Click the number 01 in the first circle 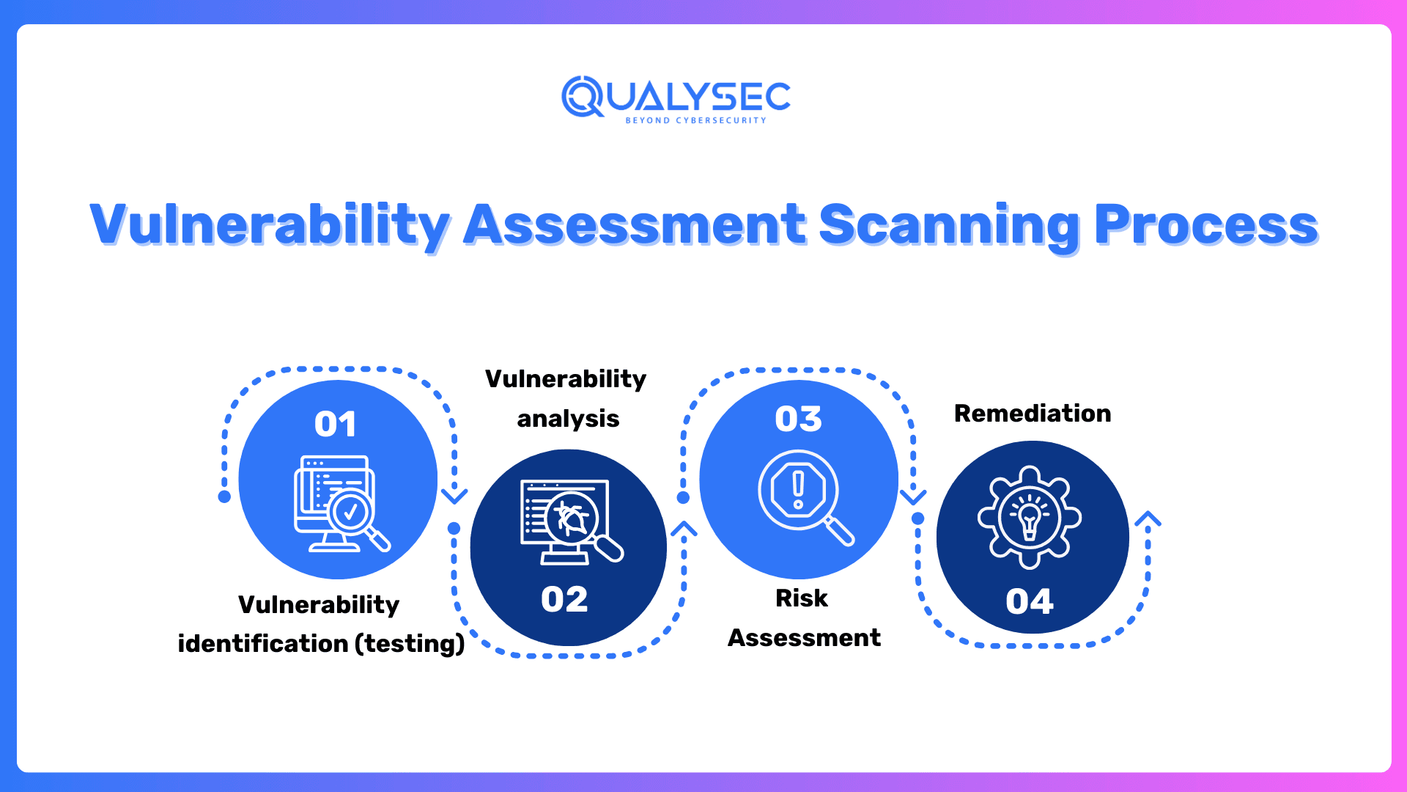(x=336, y=424)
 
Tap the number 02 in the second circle (x=564, y=599)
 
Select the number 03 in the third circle (x=798, y=419)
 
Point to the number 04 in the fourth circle (x=1030, y=601)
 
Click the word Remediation (x=1032, y=414)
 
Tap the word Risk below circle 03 (x=801, y=598)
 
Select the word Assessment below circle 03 (x=804, y=638)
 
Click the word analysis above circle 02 (x=568, y=419)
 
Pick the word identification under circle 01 (x=262, y=644)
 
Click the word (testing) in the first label (x=410, y=644)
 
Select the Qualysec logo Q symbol (x=583, y=96)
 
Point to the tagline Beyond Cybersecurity (x=695, y=120)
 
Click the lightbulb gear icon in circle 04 (x=1030, y=516)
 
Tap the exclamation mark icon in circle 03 (x=798, y=490)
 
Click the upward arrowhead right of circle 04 (x=1148, y=519)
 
